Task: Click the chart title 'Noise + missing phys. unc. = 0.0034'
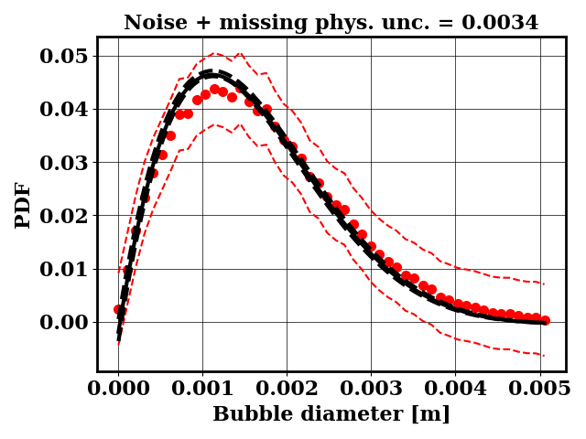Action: (331, 23)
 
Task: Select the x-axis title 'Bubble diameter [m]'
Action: (331, 414)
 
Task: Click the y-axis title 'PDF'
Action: (23, 205)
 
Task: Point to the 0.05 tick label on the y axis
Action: (64, 57)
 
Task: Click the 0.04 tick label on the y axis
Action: (64, 110)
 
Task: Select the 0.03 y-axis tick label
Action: (64, 163)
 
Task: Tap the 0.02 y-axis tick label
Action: (64, 216)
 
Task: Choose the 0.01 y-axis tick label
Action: (64, 269)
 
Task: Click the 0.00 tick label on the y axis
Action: (64, 322)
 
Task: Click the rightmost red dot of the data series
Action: (545, 320)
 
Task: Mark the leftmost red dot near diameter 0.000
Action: (118, 310)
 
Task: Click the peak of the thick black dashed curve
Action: (210, 73)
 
